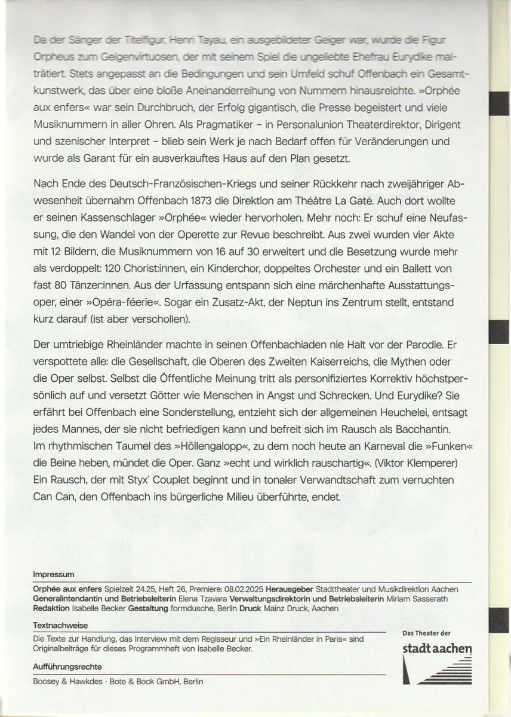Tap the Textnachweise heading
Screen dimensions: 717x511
point(60,625)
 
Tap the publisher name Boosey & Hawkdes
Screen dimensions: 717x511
point(66,681)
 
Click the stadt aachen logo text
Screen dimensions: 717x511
point(438,649)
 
